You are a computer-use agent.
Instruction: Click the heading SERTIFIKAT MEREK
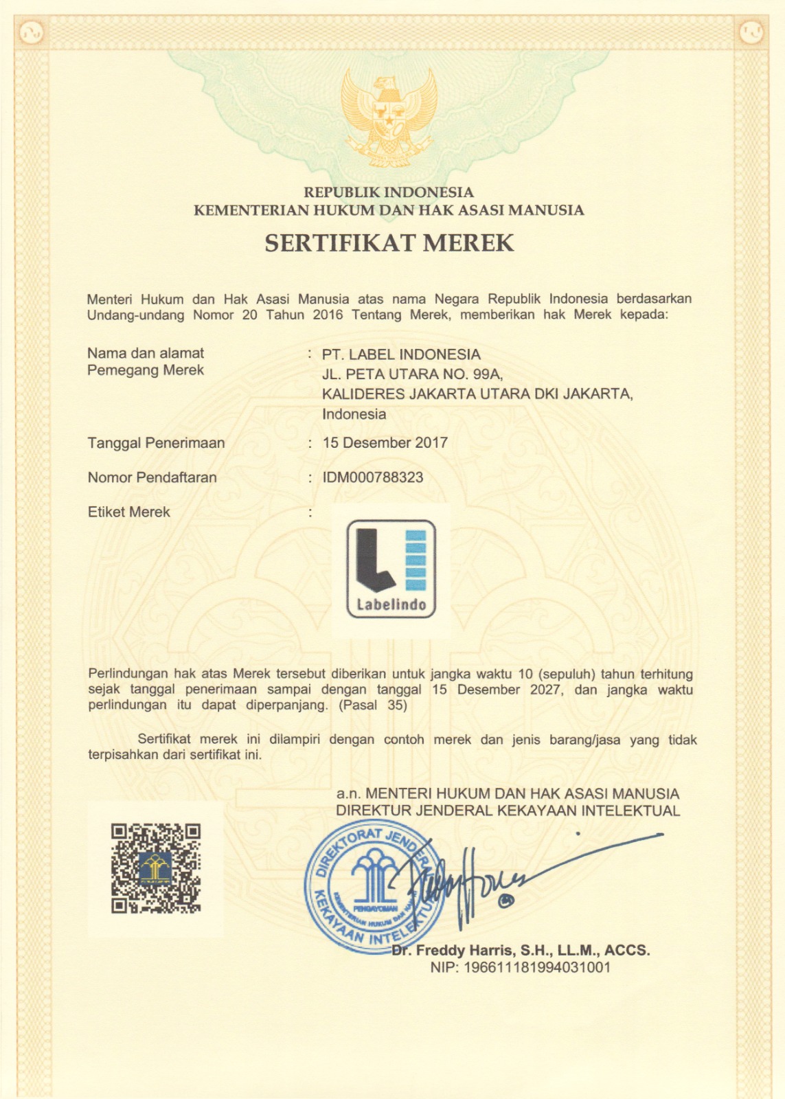point(389,243)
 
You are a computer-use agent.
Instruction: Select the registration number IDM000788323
point(373,477)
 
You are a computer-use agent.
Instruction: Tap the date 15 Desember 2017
point(385,443)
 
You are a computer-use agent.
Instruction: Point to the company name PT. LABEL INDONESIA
point(401,354)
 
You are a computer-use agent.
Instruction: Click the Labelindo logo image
point(391,568)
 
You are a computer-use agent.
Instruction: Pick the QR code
point(156,869)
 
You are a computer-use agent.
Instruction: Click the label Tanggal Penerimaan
point(156,443)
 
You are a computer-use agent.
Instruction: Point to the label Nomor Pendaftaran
point(152,477)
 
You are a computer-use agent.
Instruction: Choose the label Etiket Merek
point(128,512)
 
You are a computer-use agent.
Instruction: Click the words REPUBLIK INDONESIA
point(389,192)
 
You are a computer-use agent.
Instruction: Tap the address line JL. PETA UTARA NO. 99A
point(413,374)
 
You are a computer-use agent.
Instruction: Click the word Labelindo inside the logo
point(391,605)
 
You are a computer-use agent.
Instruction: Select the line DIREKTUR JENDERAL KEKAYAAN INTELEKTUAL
point(508,811)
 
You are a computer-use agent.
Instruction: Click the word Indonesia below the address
point(354,414)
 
